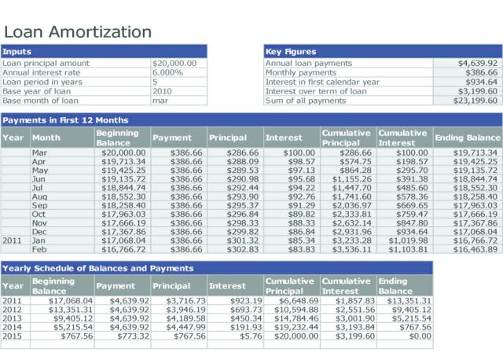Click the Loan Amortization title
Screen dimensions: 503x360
(x=78, y=32)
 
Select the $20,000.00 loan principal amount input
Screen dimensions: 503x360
(x=174, y=63)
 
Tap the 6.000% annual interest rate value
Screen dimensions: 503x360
(x=167, y=72)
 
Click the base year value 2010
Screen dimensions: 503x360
(x=163, y=91)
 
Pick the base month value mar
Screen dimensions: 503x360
(x=160, y=101)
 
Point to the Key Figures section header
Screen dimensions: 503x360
(x=291, y=52)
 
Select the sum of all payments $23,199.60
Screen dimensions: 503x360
(x=475, y=101)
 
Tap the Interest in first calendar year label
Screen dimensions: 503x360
(x=322, y=82)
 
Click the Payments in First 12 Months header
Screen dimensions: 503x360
(x=65, y=120)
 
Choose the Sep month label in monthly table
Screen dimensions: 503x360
(x=39, y=206)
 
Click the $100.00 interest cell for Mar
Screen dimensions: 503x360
(x=299, y=152)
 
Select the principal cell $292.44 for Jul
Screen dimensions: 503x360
(x=243, y=188)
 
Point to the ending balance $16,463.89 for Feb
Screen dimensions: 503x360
(x=475, y=249)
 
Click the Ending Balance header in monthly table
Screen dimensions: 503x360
(x=468, y=138)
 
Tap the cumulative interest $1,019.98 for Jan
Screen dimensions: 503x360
(x=408, y=241)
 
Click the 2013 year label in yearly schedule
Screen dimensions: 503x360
(x=12, y=318)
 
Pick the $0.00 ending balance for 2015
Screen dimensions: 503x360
(x=420, y=336)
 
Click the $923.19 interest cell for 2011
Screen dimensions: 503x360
(x=246, y=301)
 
